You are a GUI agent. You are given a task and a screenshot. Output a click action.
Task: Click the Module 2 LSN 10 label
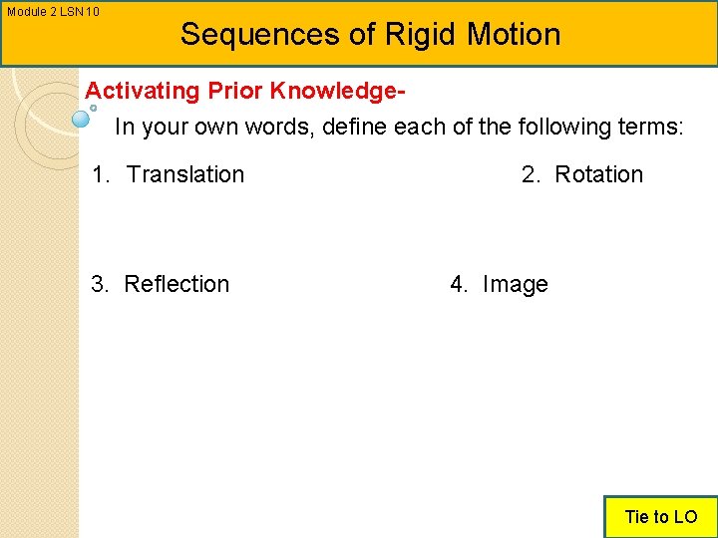pyautogui.click(x=53, y=12)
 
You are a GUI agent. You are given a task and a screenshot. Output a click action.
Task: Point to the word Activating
pyautogui.click(x=143, y=92)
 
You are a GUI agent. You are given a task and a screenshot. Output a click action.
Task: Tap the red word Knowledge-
pyautogui.click(x=335, y=92)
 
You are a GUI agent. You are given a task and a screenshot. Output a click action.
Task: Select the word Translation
pyautogui.click(x=185, y=174)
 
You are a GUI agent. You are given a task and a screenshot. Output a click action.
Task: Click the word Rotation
pyautogui.click(x=598, y=174)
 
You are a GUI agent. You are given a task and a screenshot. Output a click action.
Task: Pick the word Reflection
pyautogui.click(x=177, y=284)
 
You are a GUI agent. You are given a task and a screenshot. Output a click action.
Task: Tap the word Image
pyautogui.click(x=515, y=284)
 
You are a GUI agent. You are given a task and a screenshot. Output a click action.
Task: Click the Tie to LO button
pyautogui.click(x=660, y=516)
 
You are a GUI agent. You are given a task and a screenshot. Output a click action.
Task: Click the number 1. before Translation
pyautogui.click(x=101, y=174)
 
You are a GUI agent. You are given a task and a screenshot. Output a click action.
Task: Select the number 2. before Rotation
pyautogui.click(x=531, y=174)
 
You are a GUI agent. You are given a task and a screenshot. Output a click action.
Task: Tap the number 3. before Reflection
pyautogui.click(x=100, y=284)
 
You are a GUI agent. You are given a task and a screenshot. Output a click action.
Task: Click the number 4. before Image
pyautogui.click(x=459, y=284)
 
